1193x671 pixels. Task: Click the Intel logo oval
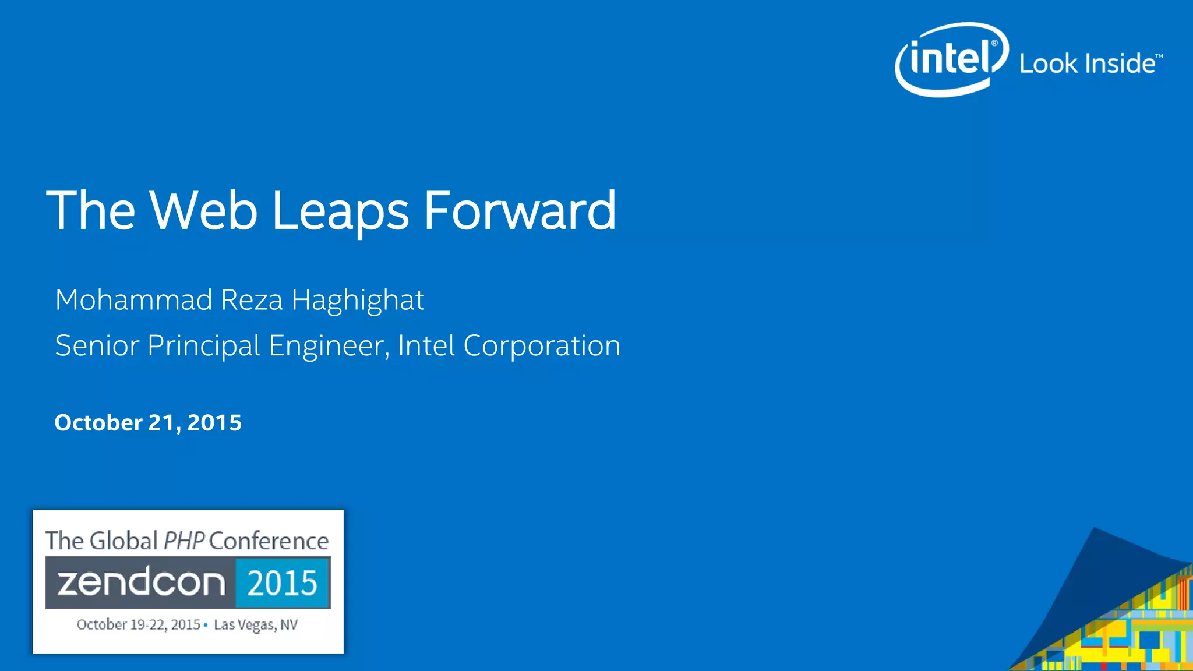951,59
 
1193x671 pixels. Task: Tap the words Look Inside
1087,63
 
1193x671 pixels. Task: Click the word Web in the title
203,210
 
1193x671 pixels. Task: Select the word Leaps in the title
340,211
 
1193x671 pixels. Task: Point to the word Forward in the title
519,210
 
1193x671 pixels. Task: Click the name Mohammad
133,300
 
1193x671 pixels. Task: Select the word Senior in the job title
97,345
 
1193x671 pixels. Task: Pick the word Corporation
542,346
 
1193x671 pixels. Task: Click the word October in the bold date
98,422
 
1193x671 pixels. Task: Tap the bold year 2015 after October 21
214,422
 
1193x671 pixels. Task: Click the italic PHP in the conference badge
183,541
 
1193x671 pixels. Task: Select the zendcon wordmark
141,582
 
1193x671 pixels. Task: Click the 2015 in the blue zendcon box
282,583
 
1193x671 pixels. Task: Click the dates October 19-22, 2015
138,624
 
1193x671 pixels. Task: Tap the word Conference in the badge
269,541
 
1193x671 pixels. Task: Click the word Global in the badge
123,541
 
